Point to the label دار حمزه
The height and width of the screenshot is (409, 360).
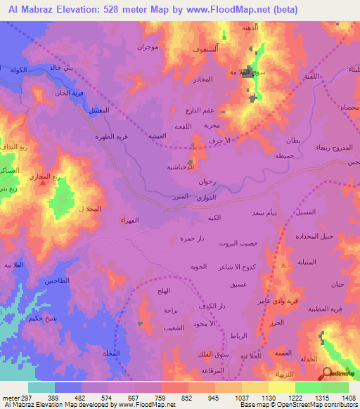click(x=191, y=239)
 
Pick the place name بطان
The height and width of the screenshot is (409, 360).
click(x=295, y=141)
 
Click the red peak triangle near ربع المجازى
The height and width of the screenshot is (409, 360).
click(x=44, y=182)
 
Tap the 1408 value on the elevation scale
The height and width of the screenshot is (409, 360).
click(x=348, y=398)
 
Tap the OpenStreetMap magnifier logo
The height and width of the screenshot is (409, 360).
click(x=327, y=374)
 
